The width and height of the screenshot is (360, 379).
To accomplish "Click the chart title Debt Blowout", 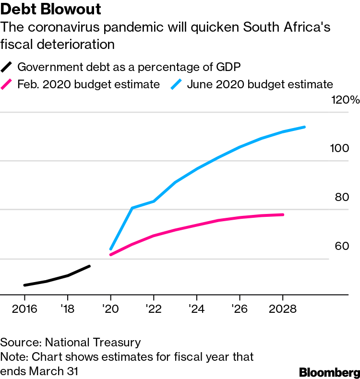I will point(53,9).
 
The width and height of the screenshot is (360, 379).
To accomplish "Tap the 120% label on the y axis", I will point(346,100).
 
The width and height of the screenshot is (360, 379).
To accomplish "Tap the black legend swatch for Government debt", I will point(7,66).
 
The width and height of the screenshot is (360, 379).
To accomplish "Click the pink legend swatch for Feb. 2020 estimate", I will point(7,84).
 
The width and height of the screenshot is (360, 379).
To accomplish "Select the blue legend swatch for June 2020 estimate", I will point(177,84).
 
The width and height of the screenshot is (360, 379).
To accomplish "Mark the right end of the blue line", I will point(305,127).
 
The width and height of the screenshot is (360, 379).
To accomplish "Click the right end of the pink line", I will point(283,214).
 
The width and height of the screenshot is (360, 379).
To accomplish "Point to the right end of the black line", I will point(89,266).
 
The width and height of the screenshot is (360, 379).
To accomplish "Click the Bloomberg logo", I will point(329,372).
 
